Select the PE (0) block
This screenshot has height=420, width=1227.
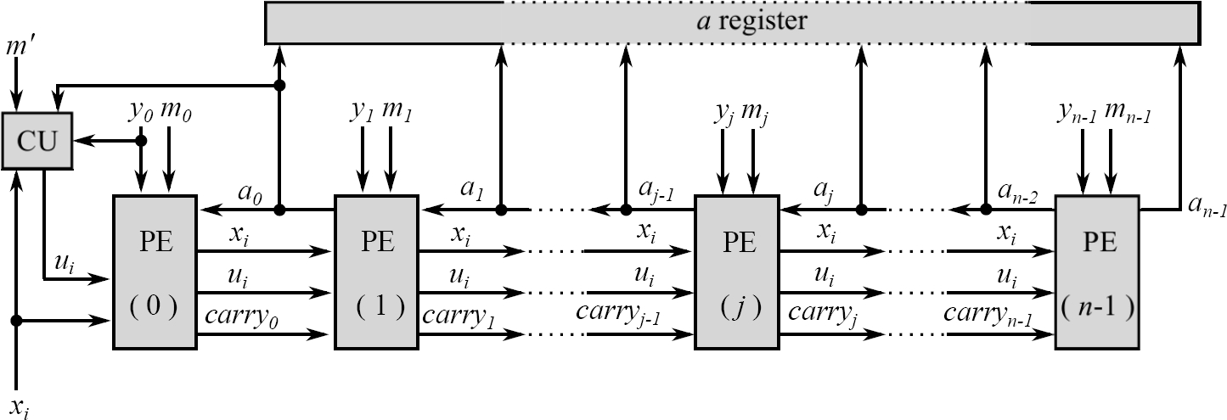(155, 272)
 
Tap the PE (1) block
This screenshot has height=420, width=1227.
(377, 272)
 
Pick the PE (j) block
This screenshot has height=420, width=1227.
(737, 272)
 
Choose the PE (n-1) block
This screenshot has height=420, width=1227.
(1097, 272)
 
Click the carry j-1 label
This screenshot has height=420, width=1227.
(619, 312)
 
